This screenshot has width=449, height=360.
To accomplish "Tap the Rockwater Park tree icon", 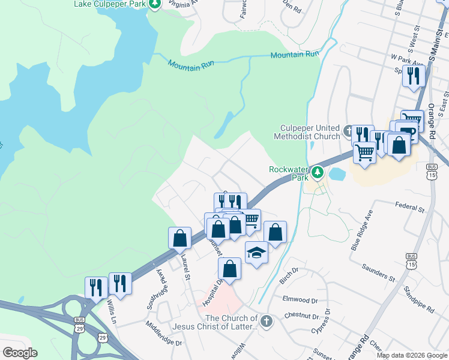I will [x=317, y=174].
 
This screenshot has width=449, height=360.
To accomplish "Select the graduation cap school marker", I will [x=256, y=252].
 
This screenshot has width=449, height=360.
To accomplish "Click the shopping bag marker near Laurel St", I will [x=179, y=238].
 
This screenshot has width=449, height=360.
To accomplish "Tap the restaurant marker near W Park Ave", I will [x=414, y=76].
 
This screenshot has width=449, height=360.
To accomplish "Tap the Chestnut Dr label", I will [x=301, y=316].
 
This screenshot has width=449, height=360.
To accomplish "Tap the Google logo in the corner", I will [x=20, y=353].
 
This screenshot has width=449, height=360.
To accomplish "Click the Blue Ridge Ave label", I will [x=362, y=230].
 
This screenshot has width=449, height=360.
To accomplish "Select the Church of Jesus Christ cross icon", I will [x=267, y=322].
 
